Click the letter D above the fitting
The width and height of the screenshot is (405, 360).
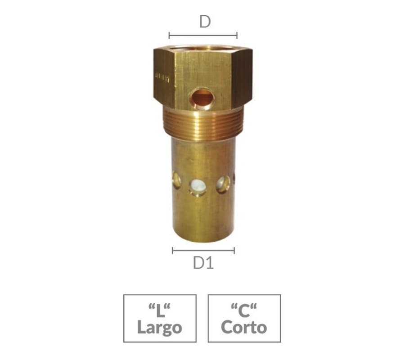pos(205,22)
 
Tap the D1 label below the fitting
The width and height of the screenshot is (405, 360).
pos(203,263)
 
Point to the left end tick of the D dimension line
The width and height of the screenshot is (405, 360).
pos(169,36)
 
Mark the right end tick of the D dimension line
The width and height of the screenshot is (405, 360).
pos(237,36)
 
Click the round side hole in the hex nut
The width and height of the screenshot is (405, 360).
pos(201,99)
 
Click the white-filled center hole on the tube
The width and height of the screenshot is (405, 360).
pos(197,185)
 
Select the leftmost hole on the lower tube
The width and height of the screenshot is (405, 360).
pos(176,180)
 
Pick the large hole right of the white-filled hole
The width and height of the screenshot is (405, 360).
pos(223,184)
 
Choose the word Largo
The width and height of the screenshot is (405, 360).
pos(160,327)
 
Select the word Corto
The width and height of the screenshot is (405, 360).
pos(244,327)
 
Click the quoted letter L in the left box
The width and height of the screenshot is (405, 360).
pos(160,310)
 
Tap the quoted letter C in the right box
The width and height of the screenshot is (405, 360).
pos(244,310)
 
